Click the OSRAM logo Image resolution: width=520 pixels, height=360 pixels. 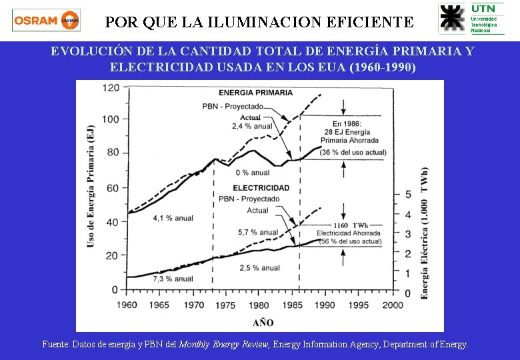click(x=46, y=20)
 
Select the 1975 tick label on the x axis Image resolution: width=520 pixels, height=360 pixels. click(x=226, y=305)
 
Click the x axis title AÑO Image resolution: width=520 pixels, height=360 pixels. click(x=263, y=323)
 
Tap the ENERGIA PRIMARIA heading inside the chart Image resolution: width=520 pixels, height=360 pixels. click(x=255, y=93)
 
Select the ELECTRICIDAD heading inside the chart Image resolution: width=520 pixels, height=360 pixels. click(x=261, y=188)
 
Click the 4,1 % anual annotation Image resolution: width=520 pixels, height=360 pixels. click(x=172, y=218)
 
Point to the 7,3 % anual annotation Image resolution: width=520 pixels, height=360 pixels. click(x=173, y=279)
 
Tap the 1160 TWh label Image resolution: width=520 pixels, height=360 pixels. click(x=351, y=225)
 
